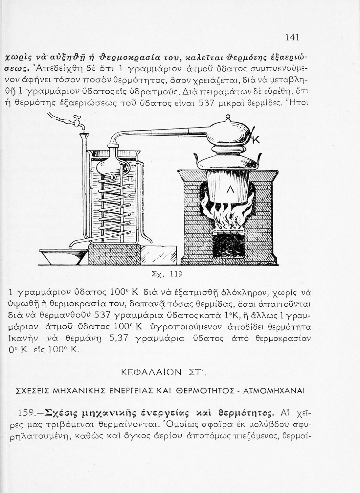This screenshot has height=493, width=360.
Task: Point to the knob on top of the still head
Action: [x=228, y=116]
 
